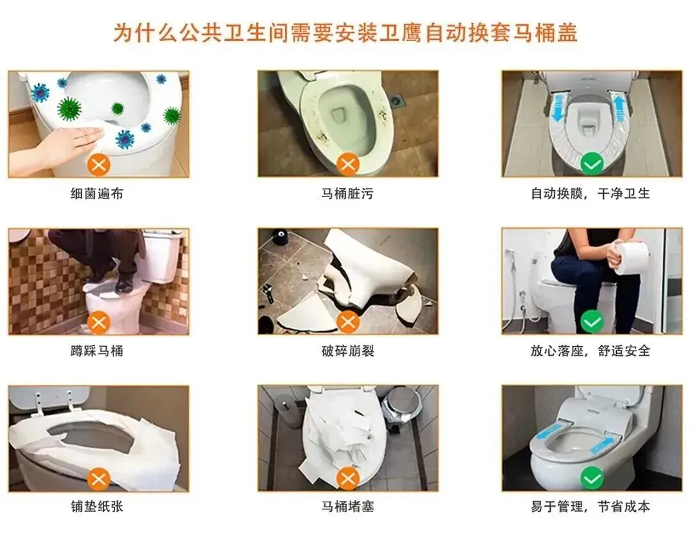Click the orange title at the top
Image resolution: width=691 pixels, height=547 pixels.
[345, 33]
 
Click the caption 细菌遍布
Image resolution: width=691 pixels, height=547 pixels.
[97, 193]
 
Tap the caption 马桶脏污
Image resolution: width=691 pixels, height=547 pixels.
[347, 193]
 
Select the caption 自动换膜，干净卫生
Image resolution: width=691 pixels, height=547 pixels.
[591, 193]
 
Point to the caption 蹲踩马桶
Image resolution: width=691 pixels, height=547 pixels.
[97, 351]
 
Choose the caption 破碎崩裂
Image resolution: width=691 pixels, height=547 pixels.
[347, 351]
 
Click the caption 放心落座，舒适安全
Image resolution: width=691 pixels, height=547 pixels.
[591, 351]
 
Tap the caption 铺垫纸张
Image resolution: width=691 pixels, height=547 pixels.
[97, 507]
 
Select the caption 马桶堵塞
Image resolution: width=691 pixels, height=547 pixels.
[347, 507]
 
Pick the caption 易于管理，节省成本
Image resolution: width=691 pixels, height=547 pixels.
[591, 507]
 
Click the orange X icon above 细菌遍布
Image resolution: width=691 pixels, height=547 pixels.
[99, 165]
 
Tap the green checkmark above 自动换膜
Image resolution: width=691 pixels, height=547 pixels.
[592, 165]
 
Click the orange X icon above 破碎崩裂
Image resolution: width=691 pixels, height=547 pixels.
[348, 322]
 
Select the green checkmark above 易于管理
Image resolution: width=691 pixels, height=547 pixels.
[592, 479]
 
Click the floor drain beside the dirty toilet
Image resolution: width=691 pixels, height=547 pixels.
[399, 100]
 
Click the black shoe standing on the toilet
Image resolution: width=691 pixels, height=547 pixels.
[125, 283]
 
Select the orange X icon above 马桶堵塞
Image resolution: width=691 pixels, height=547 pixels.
[348, 479]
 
